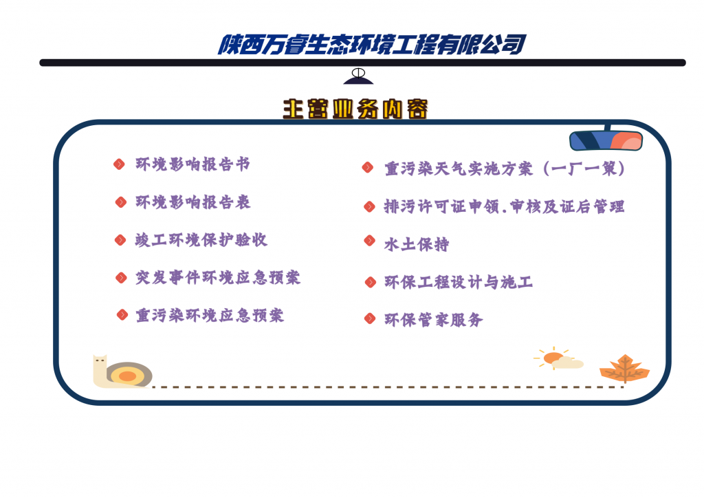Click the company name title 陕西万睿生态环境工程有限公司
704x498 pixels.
[x=372, y=45]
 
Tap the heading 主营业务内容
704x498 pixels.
[x=355, y=109]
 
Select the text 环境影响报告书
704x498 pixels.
[x=192, y=164]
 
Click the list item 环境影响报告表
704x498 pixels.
[x=193, y=202]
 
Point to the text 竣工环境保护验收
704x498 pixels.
[x=201, y=240]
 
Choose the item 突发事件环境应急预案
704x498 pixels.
[x=218, y=277]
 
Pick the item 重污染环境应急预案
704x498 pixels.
[x=210, y=315]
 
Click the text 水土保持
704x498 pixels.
[x=416, y=244]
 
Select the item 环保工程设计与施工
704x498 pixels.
[x=459, y=282]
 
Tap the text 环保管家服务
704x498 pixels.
[x=433, y=320]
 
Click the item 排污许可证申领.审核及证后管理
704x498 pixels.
[x=504, y=206]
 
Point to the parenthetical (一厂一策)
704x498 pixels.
[x=584, y=169]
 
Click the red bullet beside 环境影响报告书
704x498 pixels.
[x=119, y=164]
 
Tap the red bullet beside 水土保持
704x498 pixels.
[x=369, y=240]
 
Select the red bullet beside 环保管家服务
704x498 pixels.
[x=369, y=318]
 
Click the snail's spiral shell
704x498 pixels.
[x=129, y=374]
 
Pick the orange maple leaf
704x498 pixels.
[x=624, y=369]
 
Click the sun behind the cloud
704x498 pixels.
[x=552, y=358]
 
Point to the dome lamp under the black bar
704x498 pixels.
[x=358, y=76]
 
